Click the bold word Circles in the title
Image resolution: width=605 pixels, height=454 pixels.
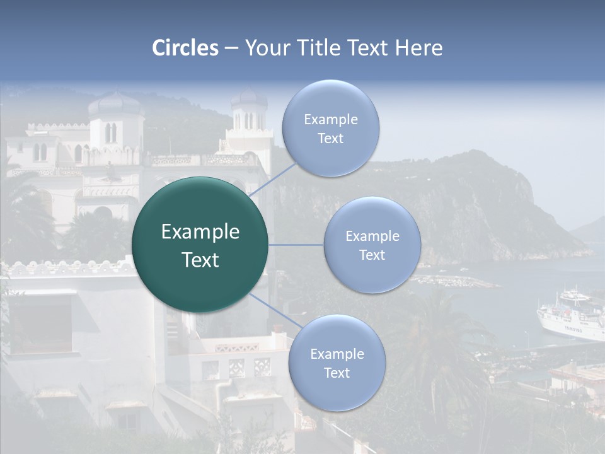point(185,48)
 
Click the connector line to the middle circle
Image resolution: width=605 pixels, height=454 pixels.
point(296,245)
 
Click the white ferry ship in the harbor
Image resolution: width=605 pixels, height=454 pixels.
point(571,318)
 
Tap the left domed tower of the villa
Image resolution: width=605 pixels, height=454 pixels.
point(115,120)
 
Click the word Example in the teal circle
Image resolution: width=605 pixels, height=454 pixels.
point(200,232)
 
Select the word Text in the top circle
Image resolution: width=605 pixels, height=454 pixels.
point(330,139)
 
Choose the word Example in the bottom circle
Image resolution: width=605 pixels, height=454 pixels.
point(337,354)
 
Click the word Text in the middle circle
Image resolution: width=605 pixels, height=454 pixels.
point(372,255)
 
